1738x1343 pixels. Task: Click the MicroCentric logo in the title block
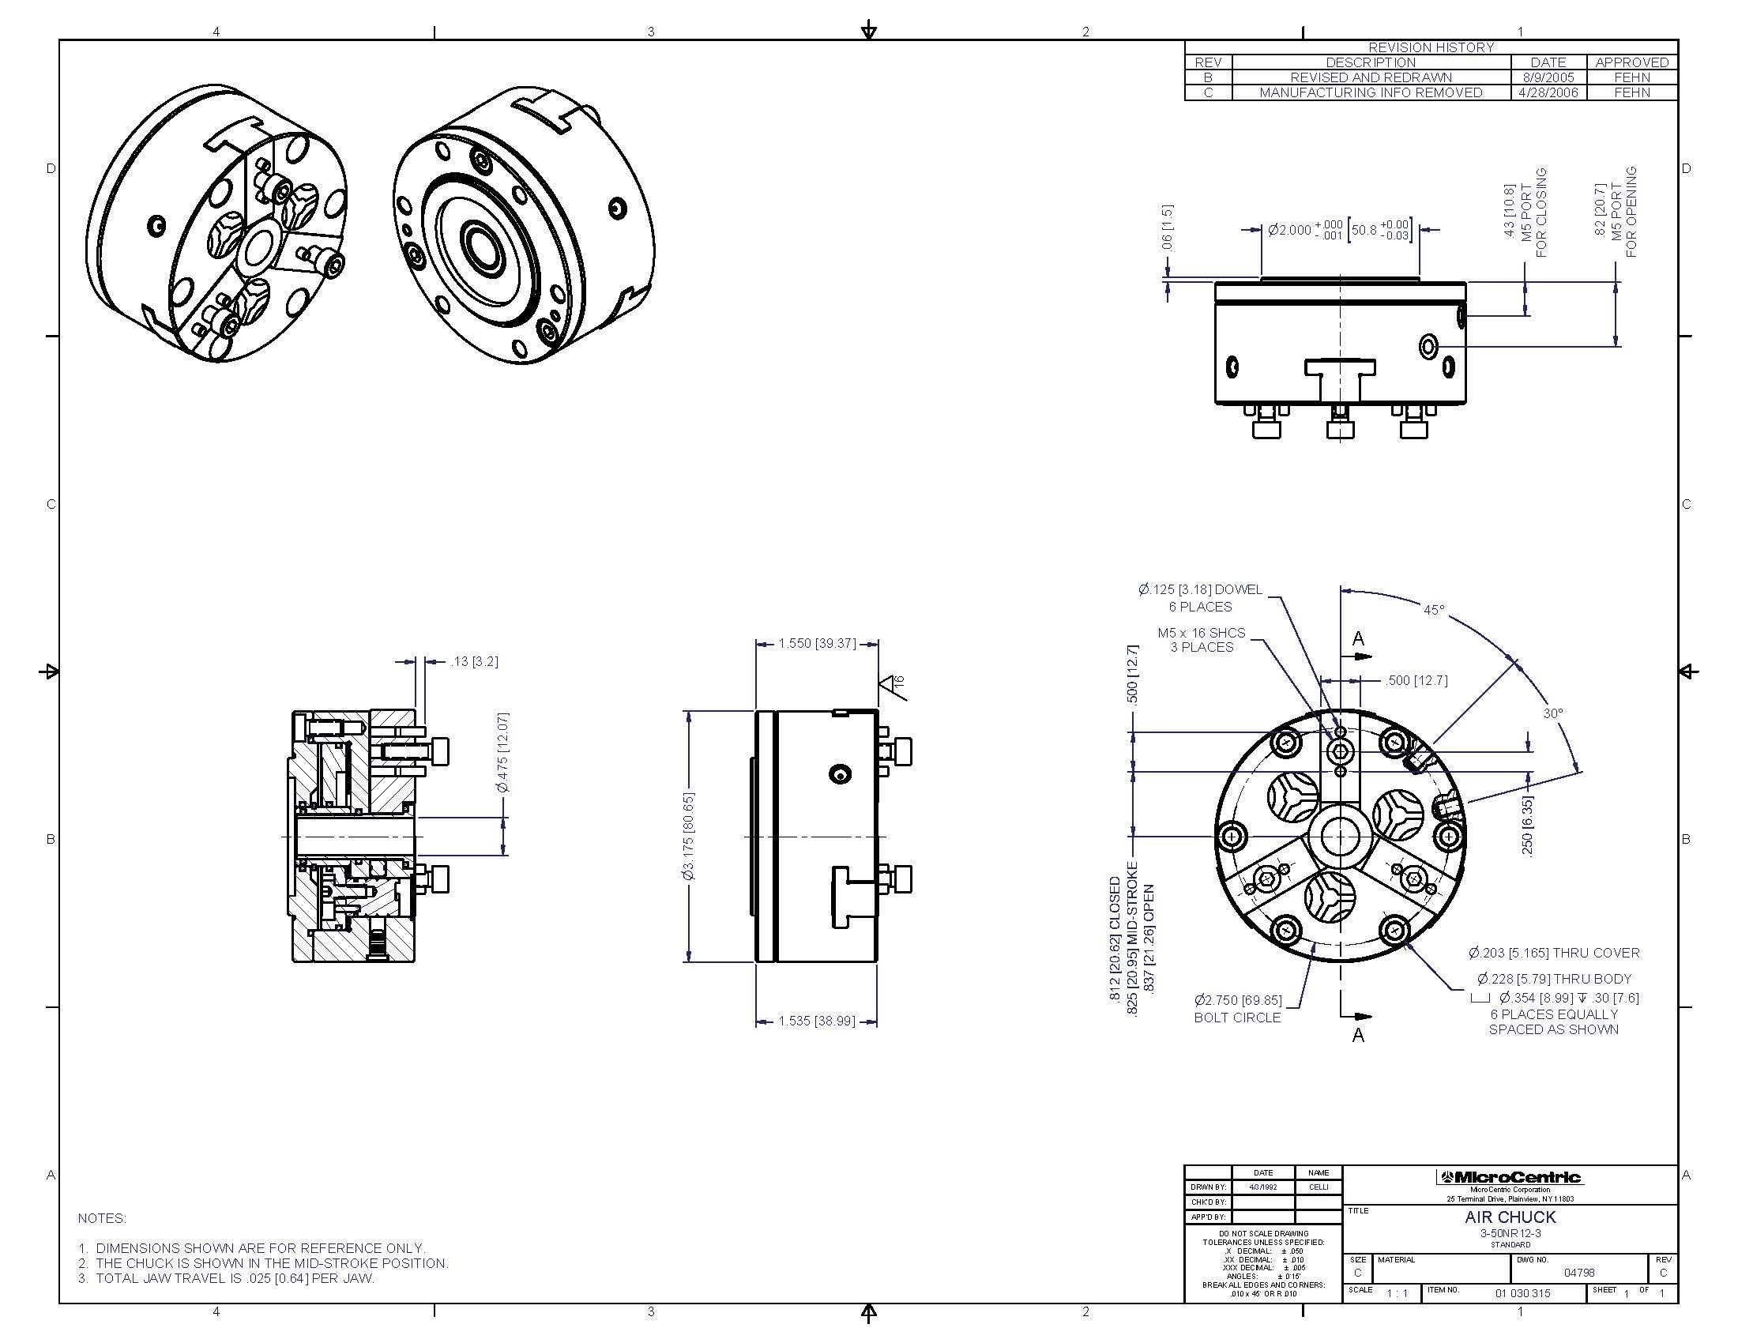click(x=1509, y=1178)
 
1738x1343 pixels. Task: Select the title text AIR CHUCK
click(x=1510, y=1217)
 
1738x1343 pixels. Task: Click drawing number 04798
click(x=1578, y=1273)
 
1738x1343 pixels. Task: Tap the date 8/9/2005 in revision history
click(x=1548, y=77)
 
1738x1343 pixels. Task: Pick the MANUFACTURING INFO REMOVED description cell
click(x=1371, y=92)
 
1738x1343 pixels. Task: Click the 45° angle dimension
click(x=1433, y=609)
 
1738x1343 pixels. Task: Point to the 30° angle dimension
click(x=1552, y=713)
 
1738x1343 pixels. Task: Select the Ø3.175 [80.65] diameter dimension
click(x=689, y=835)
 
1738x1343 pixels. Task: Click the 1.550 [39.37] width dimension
click(x=818, y=643)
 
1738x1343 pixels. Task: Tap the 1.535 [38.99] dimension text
click(x=817, y=1021)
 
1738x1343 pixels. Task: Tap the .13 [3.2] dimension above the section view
click(x=474, y=661)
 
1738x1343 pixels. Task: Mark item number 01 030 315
click(x=1522, y=1293)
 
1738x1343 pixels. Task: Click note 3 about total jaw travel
click(x=226, y=1278)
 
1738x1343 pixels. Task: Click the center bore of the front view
click(x=1340, y=836)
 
